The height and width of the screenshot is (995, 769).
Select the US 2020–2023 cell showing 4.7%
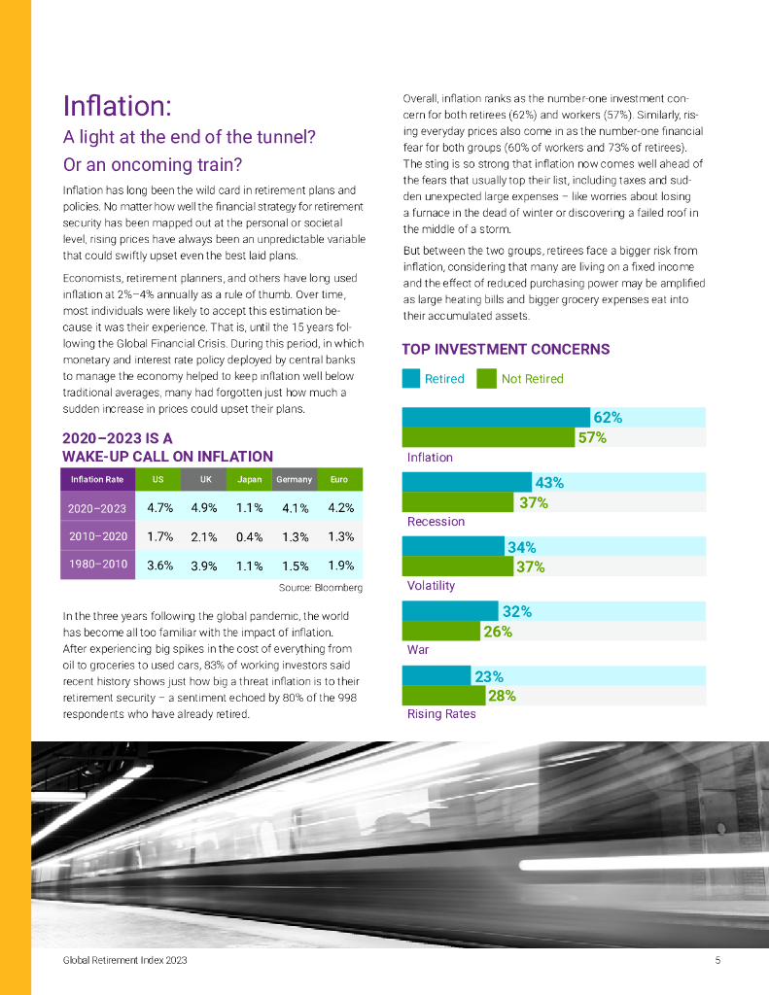159,507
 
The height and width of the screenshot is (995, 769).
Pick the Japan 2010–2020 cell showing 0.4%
249,536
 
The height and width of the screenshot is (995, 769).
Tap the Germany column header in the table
294,479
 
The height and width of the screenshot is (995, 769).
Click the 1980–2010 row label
97,566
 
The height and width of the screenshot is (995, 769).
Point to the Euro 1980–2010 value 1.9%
340,566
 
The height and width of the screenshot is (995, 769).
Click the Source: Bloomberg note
320,588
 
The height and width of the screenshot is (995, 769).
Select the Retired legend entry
434,379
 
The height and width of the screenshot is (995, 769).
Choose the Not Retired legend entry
521,379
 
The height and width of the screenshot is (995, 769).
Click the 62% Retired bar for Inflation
496,418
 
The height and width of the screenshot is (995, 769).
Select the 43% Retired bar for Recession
467,482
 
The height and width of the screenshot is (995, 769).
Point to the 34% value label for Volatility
522,547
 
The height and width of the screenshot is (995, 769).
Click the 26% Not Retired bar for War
442,632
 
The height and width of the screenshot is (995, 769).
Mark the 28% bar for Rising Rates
443,696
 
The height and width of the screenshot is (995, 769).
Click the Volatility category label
431,586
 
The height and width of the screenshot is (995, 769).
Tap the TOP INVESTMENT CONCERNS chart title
506,349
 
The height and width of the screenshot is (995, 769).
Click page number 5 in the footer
717,960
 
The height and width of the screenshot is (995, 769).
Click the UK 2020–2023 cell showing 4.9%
204,507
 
